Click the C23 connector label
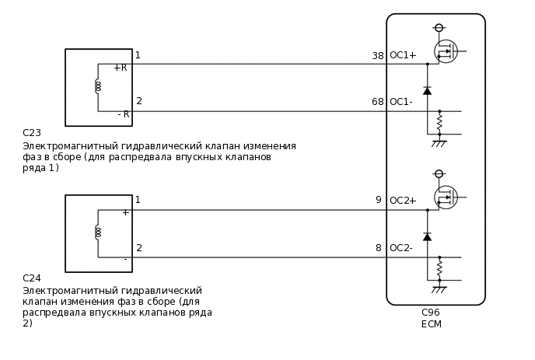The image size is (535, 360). coord(32,133)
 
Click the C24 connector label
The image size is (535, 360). coord(32,278)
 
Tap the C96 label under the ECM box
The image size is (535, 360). coord(431,313)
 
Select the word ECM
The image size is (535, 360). coord(431,324)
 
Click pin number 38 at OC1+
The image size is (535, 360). coord(378,55)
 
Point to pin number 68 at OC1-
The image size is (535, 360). coord(378,102)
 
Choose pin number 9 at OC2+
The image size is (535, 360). coord(379,201)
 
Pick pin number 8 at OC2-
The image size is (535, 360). coord(379,248)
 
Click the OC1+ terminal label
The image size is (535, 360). coord(403,55)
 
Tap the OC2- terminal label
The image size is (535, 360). coord(401,248)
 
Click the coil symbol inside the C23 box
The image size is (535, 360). coord(98,86)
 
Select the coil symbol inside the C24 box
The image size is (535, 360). coord(98,232)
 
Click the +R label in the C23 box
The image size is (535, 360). coord(121,68)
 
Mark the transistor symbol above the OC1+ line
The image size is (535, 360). coord(446,51)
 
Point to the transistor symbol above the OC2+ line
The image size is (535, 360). coord(446,197)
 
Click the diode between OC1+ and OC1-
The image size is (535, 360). coord(427,91)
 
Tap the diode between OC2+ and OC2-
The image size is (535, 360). coord(427,236)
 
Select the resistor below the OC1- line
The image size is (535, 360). coord(439,123)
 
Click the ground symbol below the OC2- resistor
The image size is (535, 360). coord(439,289)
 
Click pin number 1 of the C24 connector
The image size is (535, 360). coord(138,201)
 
